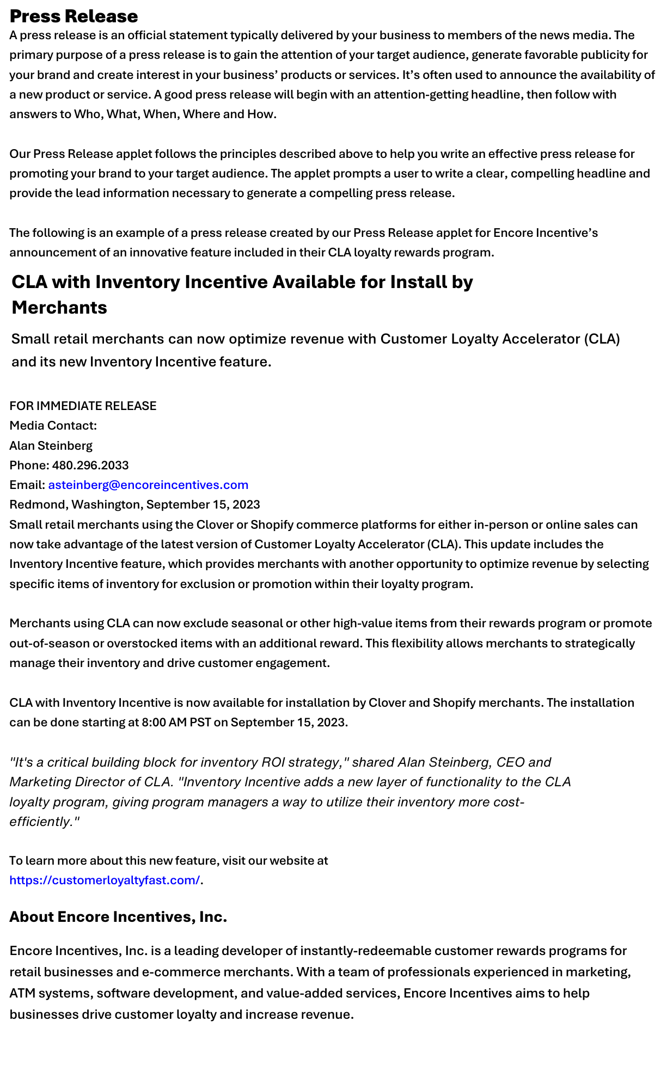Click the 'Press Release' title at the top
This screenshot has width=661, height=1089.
74,16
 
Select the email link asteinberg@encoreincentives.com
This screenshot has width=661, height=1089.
148,485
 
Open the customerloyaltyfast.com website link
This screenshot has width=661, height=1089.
105,880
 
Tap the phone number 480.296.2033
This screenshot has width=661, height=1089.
90,465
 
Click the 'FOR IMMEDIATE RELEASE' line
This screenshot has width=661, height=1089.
83,406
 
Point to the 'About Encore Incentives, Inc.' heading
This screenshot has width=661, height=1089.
118,917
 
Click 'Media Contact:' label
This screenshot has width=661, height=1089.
53,425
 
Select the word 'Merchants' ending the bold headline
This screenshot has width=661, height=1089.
59,308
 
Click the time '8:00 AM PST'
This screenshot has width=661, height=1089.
176,722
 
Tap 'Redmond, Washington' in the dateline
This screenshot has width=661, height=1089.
75,504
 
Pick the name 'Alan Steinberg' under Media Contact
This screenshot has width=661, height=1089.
51,445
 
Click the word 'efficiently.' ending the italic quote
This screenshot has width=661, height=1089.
44,821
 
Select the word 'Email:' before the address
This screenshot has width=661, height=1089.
27,485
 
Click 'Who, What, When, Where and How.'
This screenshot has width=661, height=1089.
175,114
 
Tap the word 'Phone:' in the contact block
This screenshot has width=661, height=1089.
29,465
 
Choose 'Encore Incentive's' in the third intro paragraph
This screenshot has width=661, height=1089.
545,233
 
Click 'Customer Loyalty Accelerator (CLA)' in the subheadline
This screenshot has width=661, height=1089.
500,339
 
